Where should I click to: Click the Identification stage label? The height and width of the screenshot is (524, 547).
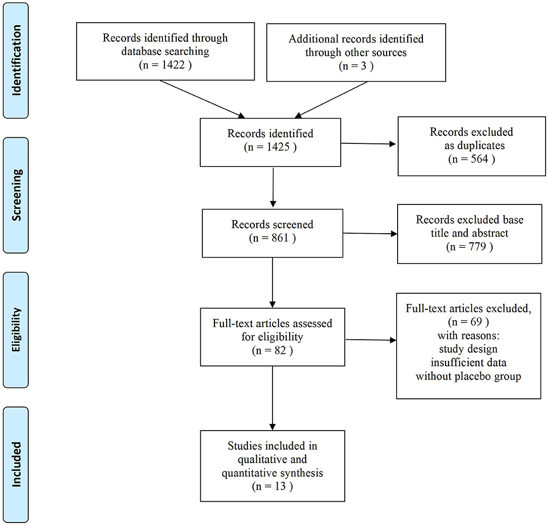[16, 60]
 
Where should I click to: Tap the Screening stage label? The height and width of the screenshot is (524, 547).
[16, 195]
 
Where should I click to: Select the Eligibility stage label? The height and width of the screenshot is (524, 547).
[16, 330]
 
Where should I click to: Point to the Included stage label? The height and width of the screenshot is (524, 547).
[16, 464]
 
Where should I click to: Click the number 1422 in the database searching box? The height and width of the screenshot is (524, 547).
[173, 65]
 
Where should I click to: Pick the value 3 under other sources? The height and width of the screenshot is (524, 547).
[363, 66]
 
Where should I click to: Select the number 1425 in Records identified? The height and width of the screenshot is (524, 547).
[278, 147]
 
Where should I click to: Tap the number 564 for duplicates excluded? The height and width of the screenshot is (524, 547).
[479, 159]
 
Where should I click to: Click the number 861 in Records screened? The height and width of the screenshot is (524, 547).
[280, 238]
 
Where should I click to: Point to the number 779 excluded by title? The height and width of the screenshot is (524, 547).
[477, 246]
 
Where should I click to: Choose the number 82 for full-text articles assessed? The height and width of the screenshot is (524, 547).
[280, 350]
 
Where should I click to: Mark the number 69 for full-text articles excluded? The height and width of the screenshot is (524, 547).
[476, 322]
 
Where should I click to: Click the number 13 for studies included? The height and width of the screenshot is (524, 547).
[280, 486]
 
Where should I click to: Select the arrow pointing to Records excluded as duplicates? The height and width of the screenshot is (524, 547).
[368, 143]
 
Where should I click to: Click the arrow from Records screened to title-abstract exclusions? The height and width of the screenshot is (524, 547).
[370, 234]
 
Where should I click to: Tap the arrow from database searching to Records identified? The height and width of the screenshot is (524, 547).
[202, 99]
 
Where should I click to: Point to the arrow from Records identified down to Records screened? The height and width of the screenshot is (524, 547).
[273, 187]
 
